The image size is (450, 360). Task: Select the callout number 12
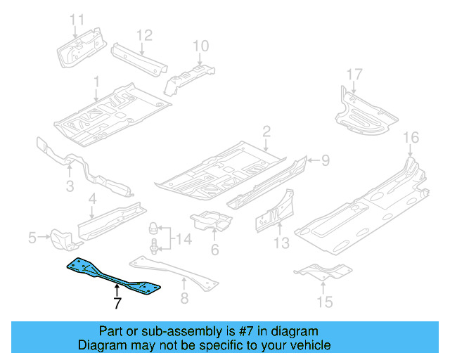(143, 34)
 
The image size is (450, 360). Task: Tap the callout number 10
(200, 46)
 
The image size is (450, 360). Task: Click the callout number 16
(411, 137)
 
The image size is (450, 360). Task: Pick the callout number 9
(325, 161)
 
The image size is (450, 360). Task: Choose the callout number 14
(183, 240)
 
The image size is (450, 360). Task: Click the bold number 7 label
(117, 304)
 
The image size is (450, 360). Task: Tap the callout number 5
(32, 238)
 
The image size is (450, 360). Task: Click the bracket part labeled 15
(322, 270)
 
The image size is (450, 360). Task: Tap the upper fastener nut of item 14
(152, 229)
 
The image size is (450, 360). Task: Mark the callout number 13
(281, 244)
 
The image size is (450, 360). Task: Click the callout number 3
(70, 186)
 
